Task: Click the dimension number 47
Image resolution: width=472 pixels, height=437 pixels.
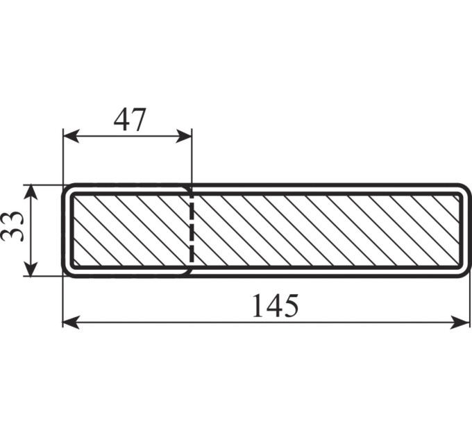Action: [130, 120]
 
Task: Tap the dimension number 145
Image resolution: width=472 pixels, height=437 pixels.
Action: [276, 306]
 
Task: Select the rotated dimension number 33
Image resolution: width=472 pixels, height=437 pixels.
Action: [12, 226]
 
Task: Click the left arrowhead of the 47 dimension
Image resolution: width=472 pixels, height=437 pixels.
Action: [71, 136]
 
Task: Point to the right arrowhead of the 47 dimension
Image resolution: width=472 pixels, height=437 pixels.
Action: [184, 136]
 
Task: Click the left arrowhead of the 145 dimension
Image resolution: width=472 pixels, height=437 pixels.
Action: [71, 323]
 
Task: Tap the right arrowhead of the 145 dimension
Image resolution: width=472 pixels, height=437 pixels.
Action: [461, 323]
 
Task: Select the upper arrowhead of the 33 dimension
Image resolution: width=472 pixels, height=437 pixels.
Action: [31, 192]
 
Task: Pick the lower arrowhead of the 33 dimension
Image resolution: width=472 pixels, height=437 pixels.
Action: [31, 268]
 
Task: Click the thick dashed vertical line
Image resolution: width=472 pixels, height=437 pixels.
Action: [192, 229]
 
